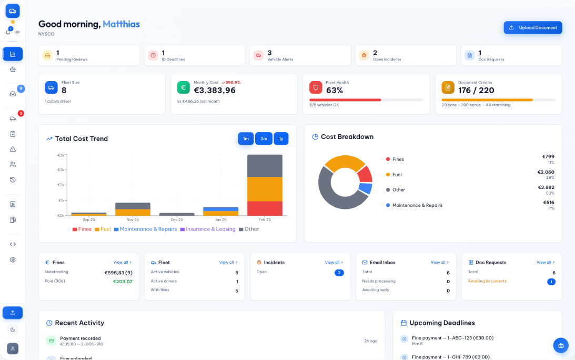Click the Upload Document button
tap(532, 28)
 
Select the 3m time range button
tap(264, 139)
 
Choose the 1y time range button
tap(281, 139)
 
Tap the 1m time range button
tap(246, 139)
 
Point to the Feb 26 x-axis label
tap(265, 219)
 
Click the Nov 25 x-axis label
tap(133, 219)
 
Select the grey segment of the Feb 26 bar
tap(265, 166)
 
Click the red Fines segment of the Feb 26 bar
tap(265, 208)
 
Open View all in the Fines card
tap(122, 262)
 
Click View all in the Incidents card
tap(334, 262)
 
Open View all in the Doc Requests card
tap(545, 262)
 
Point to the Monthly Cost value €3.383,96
tap(215, 91)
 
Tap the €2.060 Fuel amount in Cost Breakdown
tap(546, 172)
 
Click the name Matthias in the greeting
tap(121, 24)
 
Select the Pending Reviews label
tap(72, 59)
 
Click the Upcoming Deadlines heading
tap(442, 323)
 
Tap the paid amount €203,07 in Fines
tap(123, 282)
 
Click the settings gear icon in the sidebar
tap(13, 259)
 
